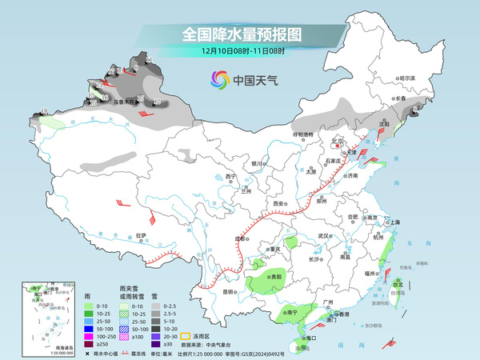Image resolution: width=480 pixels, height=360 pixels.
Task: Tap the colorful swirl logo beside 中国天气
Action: [218, 79]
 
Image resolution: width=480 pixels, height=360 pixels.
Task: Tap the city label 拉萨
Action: [141, 235]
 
